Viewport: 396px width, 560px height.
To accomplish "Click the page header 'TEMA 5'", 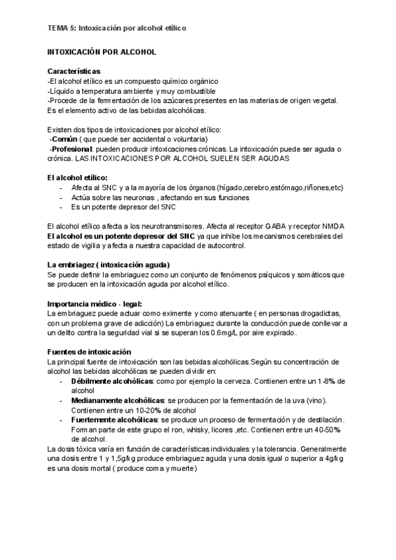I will [x=61, y=28].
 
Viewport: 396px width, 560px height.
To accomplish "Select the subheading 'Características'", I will [x=74, y=71].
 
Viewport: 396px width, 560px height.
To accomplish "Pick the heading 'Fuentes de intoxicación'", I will [x=90, y=352].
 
